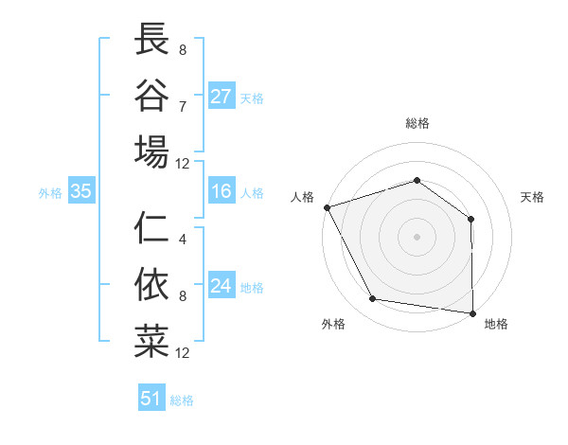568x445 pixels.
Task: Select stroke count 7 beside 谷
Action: [183, 105]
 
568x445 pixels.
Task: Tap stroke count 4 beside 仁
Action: [183, 240]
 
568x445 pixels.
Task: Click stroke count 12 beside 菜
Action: [183, 353]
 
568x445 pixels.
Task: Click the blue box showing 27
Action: [222, 97]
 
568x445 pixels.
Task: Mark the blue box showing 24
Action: [222, 287]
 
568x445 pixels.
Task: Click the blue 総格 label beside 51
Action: [182, 400]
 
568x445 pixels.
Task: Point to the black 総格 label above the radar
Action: [417, 123]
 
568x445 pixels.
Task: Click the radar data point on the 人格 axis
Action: [327, 207]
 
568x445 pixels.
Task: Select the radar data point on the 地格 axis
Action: [472, 312]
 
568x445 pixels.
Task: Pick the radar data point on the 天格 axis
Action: [470, 219]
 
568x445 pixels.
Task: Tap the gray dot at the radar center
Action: [417, 236]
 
